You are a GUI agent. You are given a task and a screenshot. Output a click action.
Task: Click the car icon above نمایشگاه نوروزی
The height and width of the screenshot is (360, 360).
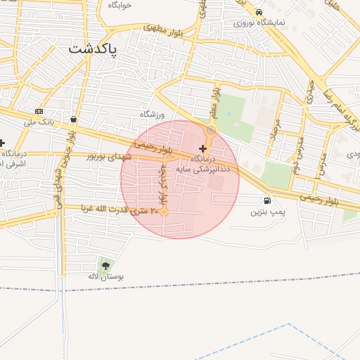click(259, 12)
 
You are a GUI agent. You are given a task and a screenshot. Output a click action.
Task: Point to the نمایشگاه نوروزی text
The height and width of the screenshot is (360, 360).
click(259, 22)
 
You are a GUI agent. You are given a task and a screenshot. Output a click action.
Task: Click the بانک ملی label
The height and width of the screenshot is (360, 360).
click(39, 122)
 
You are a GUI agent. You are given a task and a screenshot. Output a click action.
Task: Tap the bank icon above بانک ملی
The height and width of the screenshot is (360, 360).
click(39, 111)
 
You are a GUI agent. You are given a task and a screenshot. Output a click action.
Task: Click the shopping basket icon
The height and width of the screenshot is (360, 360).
click(74, 119)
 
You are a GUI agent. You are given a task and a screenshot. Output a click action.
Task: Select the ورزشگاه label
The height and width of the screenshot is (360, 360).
click(151, 114)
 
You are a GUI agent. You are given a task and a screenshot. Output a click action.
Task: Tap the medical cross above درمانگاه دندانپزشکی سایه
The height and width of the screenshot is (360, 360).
click(203, 148)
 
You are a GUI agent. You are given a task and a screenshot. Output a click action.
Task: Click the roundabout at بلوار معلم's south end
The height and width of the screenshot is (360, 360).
click(210, 131)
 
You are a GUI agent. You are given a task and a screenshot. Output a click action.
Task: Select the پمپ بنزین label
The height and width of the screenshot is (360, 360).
click(267, 211)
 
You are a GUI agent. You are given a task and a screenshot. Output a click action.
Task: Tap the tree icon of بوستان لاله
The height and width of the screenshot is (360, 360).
click(105, 266)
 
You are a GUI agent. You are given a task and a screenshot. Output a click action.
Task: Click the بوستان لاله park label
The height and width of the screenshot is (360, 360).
click(105, 277)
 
